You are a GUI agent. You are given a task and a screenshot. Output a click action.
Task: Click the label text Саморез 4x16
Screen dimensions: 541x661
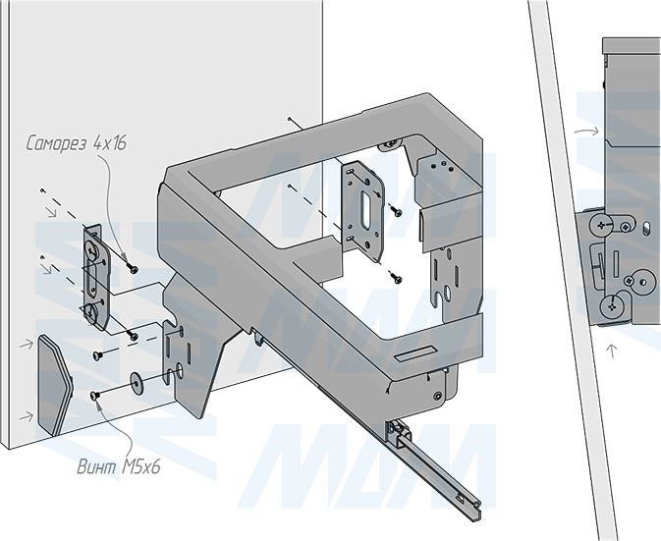(77, 144)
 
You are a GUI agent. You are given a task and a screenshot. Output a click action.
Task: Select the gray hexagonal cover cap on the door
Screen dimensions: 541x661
(55, 384)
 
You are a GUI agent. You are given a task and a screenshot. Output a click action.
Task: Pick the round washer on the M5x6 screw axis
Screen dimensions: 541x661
(135, 380)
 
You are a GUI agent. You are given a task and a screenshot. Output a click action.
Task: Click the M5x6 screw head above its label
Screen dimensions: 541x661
(96, 395)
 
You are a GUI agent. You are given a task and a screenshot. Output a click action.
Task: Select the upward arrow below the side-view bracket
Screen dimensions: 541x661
(609, 348)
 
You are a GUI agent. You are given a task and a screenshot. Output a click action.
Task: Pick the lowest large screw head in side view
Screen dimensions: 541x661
(615, 306)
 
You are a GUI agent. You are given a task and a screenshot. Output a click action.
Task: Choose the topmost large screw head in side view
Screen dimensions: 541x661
(601, 227)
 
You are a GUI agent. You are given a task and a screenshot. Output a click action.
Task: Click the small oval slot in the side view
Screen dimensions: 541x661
(648, 227)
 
